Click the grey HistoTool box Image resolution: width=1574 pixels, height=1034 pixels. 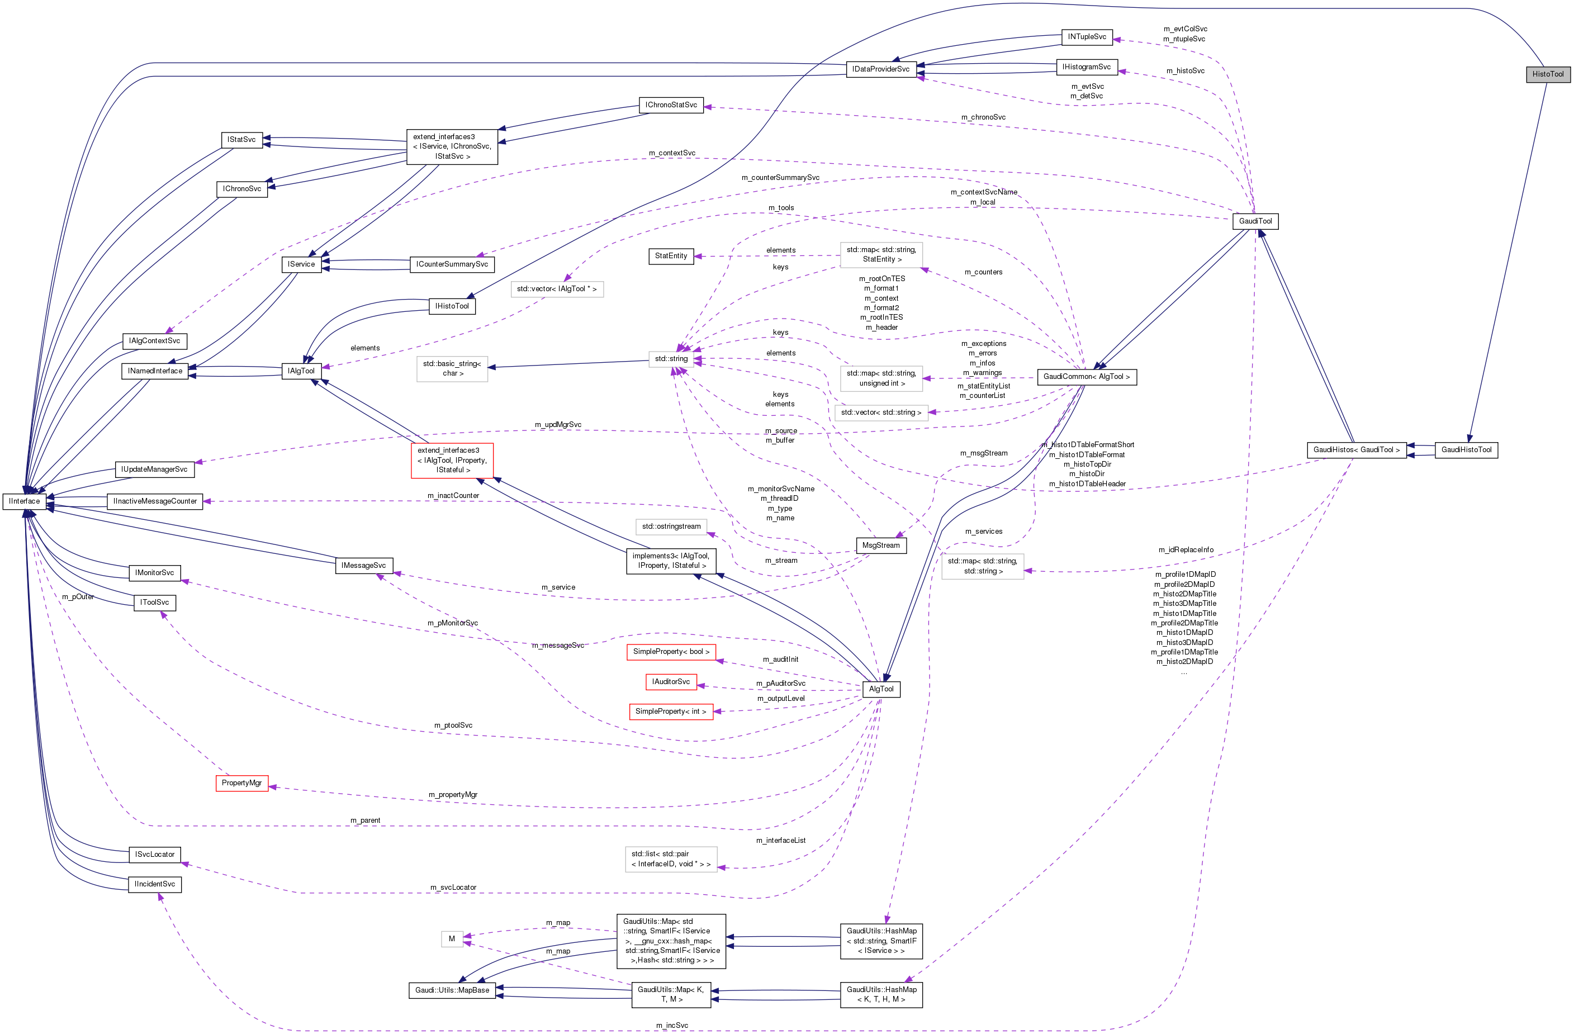tap(1548, 74)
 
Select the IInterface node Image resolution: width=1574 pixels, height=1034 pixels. tap(25, 501)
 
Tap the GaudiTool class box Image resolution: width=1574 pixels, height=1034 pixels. tap(1255, 221)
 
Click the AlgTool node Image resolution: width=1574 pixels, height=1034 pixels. tap(881, 689)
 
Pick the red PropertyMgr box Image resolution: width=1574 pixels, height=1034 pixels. tap(241, 783)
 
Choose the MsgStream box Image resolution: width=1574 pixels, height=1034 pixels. tap(881, 546)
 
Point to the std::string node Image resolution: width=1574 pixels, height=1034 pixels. tap(671, 359)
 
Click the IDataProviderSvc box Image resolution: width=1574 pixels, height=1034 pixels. tap(880, 69)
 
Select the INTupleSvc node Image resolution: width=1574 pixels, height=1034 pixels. tap(1087, 37)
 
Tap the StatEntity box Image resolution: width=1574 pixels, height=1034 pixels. tap(671, 256)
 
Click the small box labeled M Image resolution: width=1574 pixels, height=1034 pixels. tap(452, 939)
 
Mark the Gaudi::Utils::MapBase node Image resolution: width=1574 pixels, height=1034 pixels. tap(452, 990)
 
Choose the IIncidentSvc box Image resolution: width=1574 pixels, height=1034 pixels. tap(155, 885)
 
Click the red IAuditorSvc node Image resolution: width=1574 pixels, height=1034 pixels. tap(671, 682)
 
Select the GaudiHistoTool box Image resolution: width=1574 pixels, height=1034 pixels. tap(1466, 449)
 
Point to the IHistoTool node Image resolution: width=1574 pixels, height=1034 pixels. tap(452, 306)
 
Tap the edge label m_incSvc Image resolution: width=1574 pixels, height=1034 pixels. tap(672, 1026)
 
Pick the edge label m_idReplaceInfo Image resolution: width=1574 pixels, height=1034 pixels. tap(1186, 550)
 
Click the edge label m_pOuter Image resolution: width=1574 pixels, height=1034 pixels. tap(78, 597)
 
